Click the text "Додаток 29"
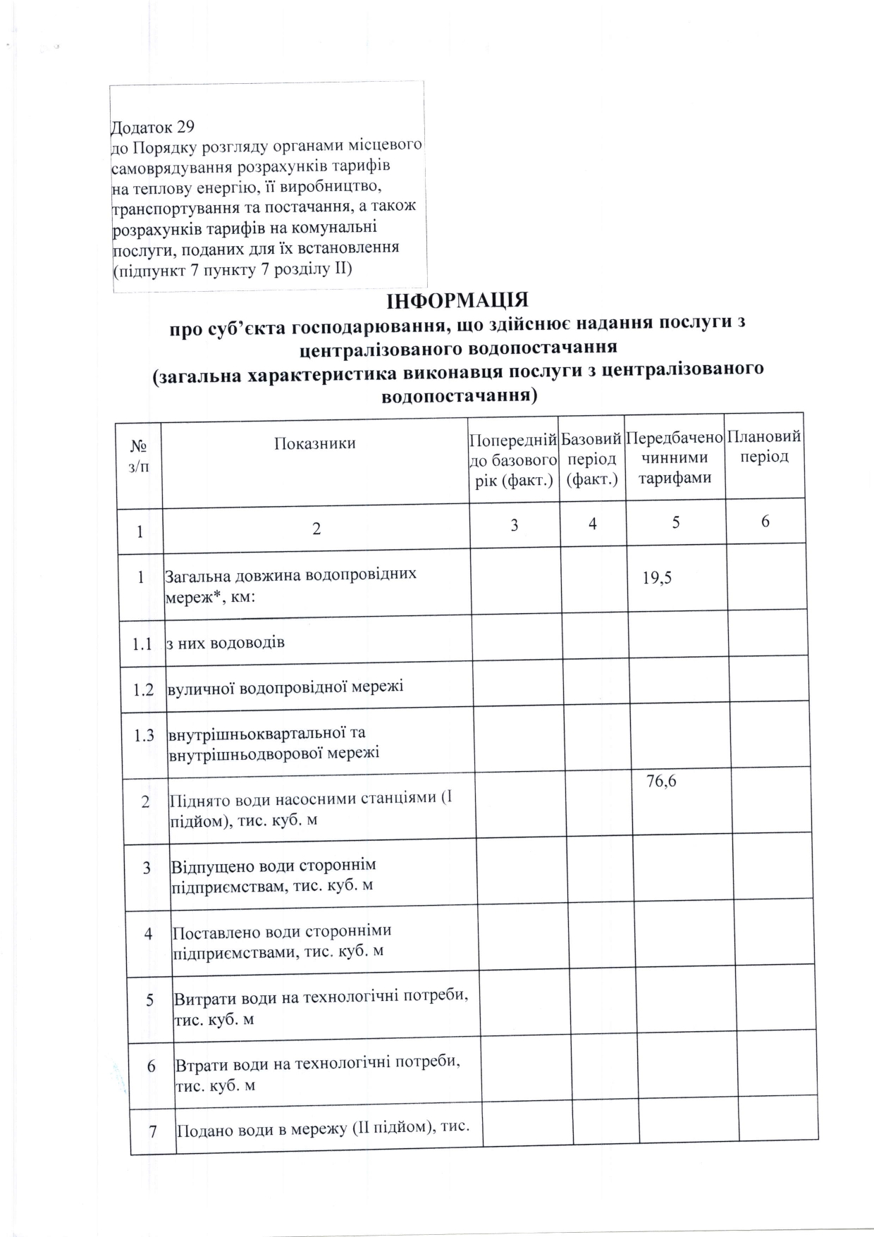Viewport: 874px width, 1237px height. [x=153, y=128]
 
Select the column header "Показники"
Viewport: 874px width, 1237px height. [x=315, y=443]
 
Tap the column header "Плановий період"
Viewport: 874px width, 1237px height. [x=764, y=446]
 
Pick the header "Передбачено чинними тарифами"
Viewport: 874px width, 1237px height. [x=675, y=457]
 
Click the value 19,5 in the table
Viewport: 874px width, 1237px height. [x=657, y=578]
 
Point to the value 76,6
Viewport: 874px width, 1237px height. [x=661, y=780]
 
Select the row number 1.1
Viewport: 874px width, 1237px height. [x=143, y=643]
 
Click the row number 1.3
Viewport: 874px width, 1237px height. [x=144, y=735]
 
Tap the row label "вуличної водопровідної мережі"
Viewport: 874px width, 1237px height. [x=285, y=687]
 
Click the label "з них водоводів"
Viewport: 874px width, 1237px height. [x=225, y=642]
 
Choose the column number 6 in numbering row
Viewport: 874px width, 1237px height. [x=765, y=522]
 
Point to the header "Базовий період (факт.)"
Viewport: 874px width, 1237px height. [x=592, y=458]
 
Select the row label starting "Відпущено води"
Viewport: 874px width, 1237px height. [x=273, y=875]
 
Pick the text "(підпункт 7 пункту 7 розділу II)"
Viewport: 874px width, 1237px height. [x=233, y=269]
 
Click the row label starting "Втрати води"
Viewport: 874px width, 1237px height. [x=317, y=1073]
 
